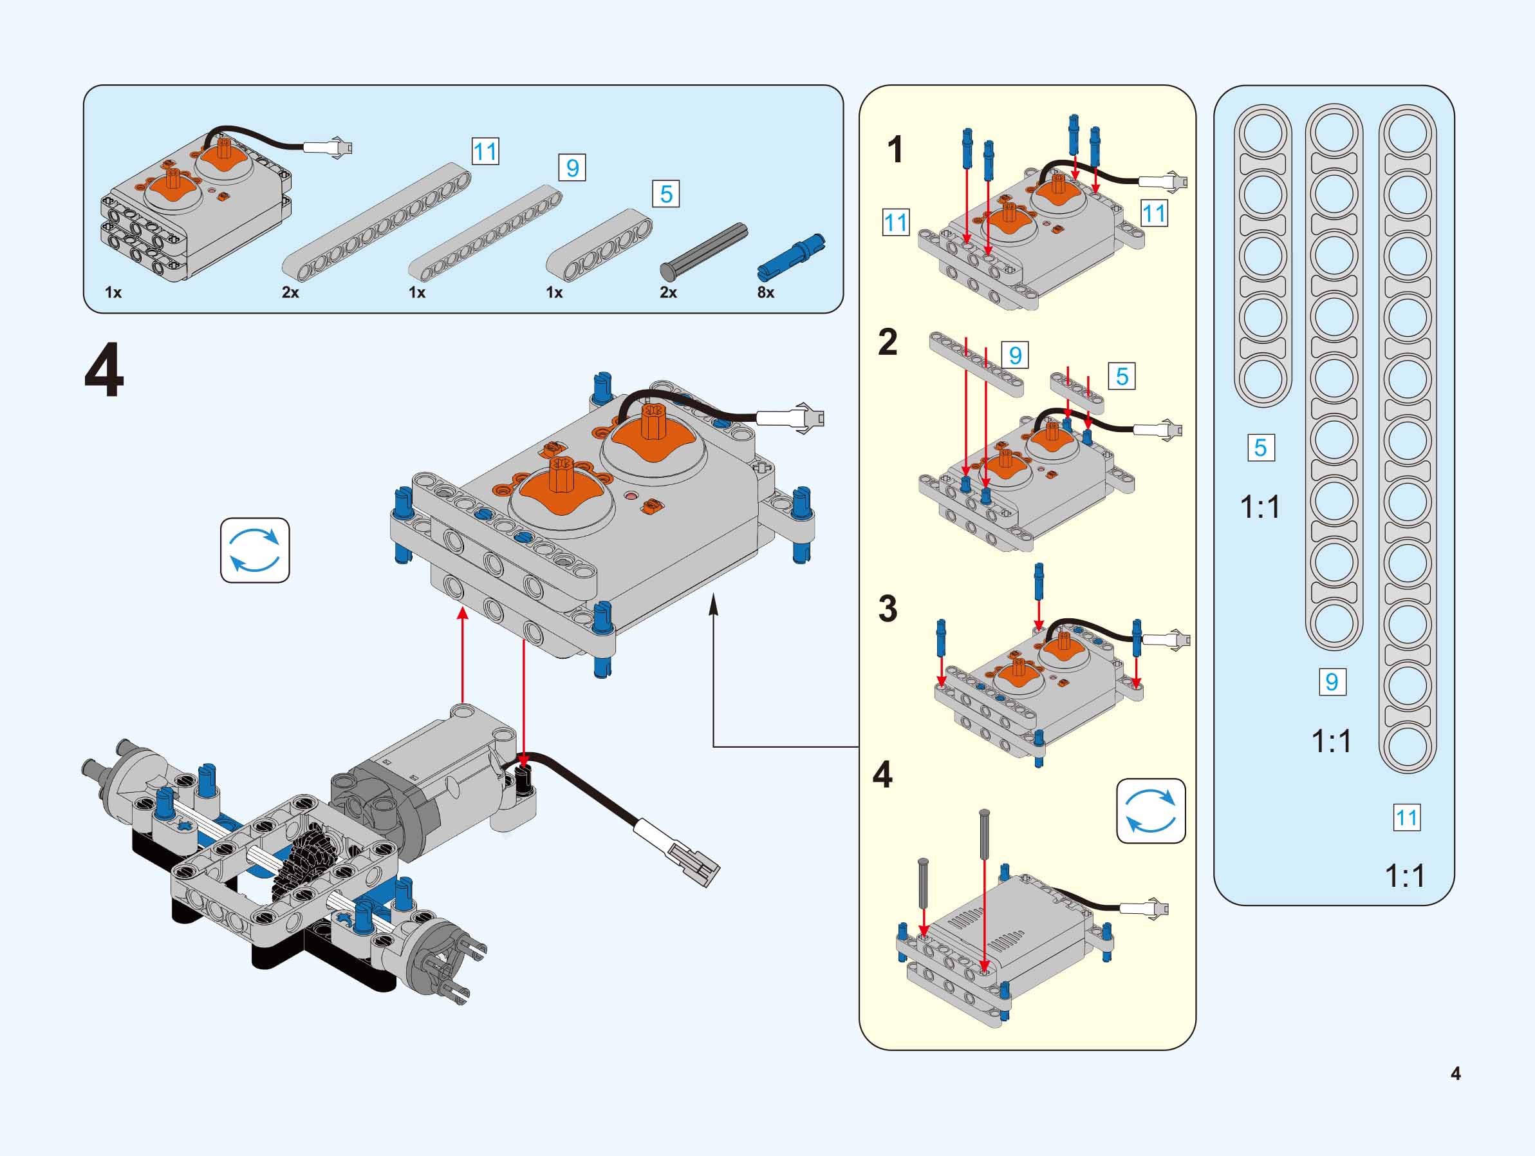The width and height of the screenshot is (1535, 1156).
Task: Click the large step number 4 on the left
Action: point(104,371)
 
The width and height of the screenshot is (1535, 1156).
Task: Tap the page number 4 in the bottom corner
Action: point(1455,1074)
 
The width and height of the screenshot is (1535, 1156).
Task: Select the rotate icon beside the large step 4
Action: point(255,550)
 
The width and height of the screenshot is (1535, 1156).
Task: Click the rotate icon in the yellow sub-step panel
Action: point(1151,811)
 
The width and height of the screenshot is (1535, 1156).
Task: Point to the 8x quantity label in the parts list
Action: point(765,292)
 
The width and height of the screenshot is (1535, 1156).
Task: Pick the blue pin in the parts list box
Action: point(791,258)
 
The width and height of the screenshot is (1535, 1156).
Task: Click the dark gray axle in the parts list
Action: point(703,250)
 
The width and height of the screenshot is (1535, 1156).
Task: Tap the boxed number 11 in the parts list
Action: point(485,151)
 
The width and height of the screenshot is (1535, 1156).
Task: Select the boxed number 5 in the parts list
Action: point(666,194)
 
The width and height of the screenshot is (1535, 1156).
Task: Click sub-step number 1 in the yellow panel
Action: point(895,149)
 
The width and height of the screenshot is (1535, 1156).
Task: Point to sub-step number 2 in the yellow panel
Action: point(888,341)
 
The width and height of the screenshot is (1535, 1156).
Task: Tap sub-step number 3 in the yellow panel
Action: point(888,608)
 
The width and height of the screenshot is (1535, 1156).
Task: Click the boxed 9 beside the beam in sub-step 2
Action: point(1015,355)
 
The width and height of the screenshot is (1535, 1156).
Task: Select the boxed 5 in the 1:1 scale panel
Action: point(1260,447)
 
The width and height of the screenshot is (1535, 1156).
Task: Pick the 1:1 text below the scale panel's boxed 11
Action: point(1404,875)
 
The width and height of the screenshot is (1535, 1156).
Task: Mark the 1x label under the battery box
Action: point(113,292)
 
